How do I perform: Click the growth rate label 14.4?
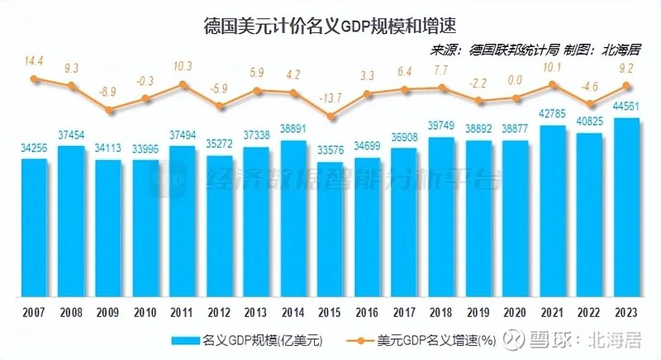[34, 61]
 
